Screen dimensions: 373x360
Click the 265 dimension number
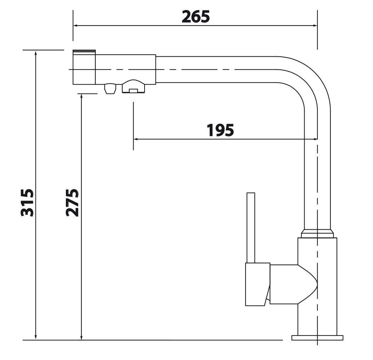(196, 17)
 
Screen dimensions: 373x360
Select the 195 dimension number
(220, 130)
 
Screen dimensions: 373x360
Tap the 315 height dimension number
(27, 203)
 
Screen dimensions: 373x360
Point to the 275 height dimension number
(72, 203)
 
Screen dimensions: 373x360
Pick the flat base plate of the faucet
(317, 338)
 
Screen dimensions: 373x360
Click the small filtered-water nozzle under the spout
(110, 88)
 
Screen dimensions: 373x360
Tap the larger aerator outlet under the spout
(133, 86)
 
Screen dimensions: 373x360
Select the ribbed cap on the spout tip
(84, 52)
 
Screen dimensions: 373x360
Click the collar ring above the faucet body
(317, 234)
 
